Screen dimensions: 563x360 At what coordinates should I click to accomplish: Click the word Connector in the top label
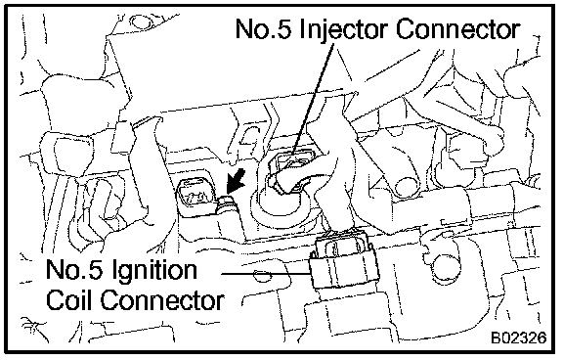coord(457,28)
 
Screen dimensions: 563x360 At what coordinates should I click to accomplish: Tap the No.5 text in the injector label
coord(264,28)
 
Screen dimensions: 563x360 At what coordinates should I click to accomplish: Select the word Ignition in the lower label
coord(154,271)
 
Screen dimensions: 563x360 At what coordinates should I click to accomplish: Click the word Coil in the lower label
coord(69,300)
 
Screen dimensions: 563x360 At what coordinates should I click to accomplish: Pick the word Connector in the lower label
coord(162,300)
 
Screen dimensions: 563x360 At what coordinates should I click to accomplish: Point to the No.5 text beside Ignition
coord(75,269)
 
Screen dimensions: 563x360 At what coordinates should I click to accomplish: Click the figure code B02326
coord(518,337)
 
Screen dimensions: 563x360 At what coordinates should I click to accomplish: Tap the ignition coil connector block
coord(343,262)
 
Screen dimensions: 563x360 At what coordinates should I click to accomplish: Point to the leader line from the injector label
coord(313,99)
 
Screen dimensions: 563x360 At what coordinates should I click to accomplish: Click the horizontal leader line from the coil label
coord(267,273)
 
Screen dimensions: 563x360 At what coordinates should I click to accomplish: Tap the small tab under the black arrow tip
coord(226,202)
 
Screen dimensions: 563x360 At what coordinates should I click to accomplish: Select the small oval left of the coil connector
coord(259,276)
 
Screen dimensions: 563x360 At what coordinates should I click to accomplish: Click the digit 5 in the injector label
coord(284,28)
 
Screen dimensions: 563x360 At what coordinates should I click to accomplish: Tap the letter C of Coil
coord(55,300)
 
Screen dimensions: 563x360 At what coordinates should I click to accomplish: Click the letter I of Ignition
coord(115,269)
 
